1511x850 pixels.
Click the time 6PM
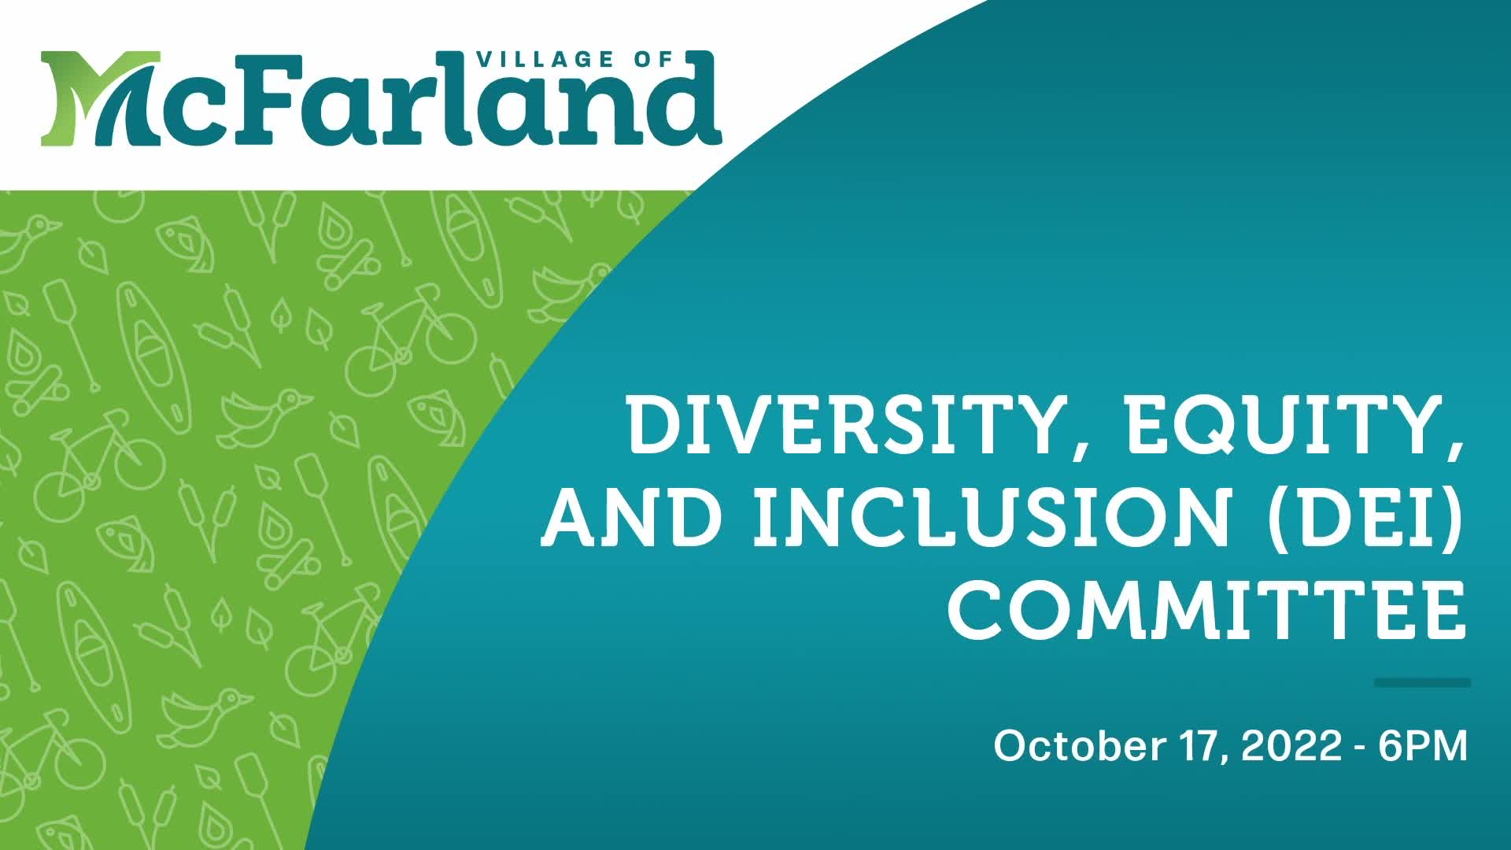point(1423,745)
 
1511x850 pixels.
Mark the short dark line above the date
point(1422,682)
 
